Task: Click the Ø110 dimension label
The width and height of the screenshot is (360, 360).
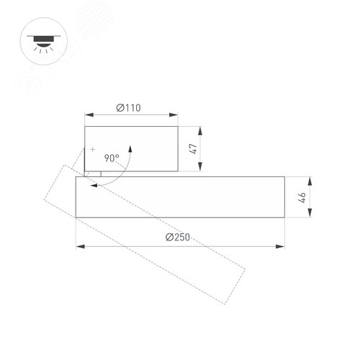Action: click(x=128, y=108)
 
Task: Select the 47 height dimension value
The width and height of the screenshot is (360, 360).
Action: click(x=192, y=150)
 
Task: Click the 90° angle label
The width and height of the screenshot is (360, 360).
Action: click(x=112, y=157)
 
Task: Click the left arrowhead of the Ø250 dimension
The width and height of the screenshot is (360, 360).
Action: click(x=78, y=247)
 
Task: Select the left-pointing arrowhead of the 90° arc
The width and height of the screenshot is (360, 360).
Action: click(x=94, y=184)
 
